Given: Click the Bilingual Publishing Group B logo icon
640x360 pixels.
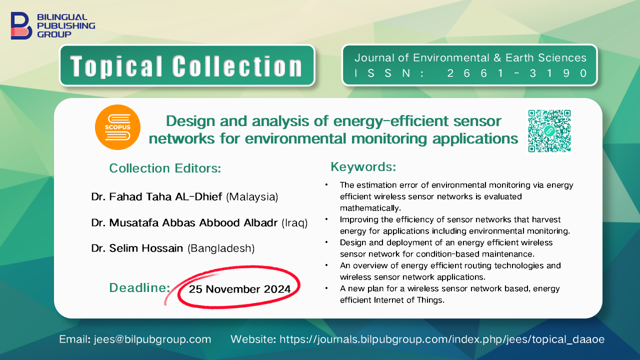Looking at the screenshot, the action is (x=21, y=25).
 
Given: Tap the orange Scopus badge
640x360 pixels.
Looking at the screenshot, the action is (x=117, y=127).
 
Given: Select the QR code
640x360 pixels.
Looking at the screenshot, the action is (x=549, y=131).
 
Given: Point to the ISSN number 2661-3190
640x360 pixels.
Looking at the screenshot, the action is (x=517, y=73).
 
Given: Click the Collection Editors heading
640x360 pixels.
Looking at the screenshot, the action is (x=165, y=168).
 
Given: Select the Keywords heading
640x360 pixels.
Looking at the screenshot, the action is (x=363, y=166).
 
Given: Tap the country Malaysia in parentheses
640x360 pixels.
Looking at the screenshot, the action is (x=252, y=197).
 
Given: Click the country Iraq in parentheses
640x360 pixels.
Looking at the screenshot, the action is (x=294, y=222).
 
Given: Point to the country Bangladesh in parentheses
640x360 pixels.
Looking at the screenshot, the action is (x=221, y=248).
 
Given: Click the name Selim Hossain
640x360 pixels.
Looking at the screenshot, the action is (x=146, y=248).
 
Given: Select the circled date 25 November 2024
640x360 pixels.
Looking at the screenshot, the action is (x=239, y=289).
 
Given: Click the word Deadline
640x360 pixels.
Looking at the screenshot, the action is (x=139, y=287).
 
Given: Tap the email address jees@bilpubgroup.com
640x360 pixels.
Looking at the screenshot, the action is (x=152, y=339).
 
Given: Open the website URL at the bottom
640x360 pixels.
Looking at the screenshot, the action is (x=442, y=339).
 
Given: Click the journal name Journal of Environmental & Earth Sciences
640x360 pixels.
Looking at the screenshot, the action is (x=470, y=57).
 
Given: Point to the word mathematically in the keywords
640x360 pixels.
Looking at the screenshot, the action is (x=370, y=208).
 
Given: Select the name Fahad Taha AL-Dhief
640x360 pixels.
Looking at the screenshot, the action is (x=165, y=196).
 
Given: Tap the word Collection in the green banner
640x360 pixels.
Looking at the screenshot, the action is (x=237, y=66).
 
